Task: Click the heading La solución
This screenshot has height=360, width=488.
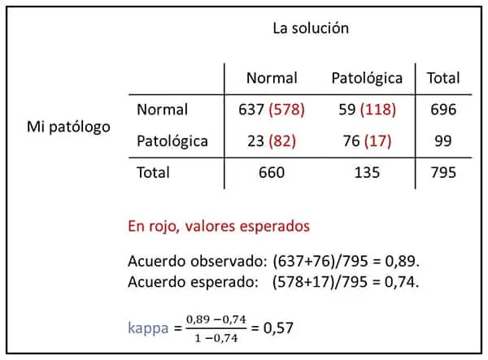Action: tap(310, 28)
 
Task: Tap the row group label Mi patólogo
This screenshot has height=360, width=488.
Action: tap(68, 127)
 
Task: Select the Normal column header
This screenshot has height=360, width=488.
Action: tap(272, 79)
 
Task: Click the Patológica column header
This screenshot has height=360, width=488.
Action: tap(367, 79)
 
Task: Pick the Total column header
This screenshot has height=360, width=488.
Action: tap(442, 79)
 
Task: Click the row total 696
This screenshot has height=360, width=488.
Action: tap(443, 110)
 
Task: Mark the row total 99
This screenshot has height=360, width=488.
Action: tap(443, 141)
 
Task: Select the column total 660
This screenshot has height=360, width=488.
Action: tap(272, 172)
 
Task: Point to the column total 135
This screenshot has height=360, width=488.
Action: tap(367, 172)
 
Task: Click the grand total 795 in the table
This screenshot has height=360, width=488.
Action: tap(443, 172)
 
